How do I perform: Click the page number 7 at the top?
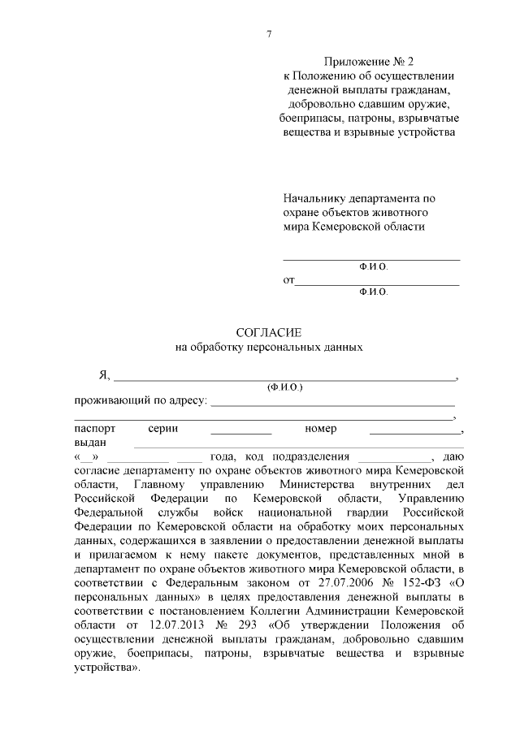point(268,34)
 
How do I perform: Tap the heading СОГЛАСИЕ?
point(268,332)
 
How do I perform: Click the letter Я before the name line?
point(103,375)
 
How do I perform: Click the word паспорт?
point(95,428)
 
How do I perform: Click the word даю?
point(452,456)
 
